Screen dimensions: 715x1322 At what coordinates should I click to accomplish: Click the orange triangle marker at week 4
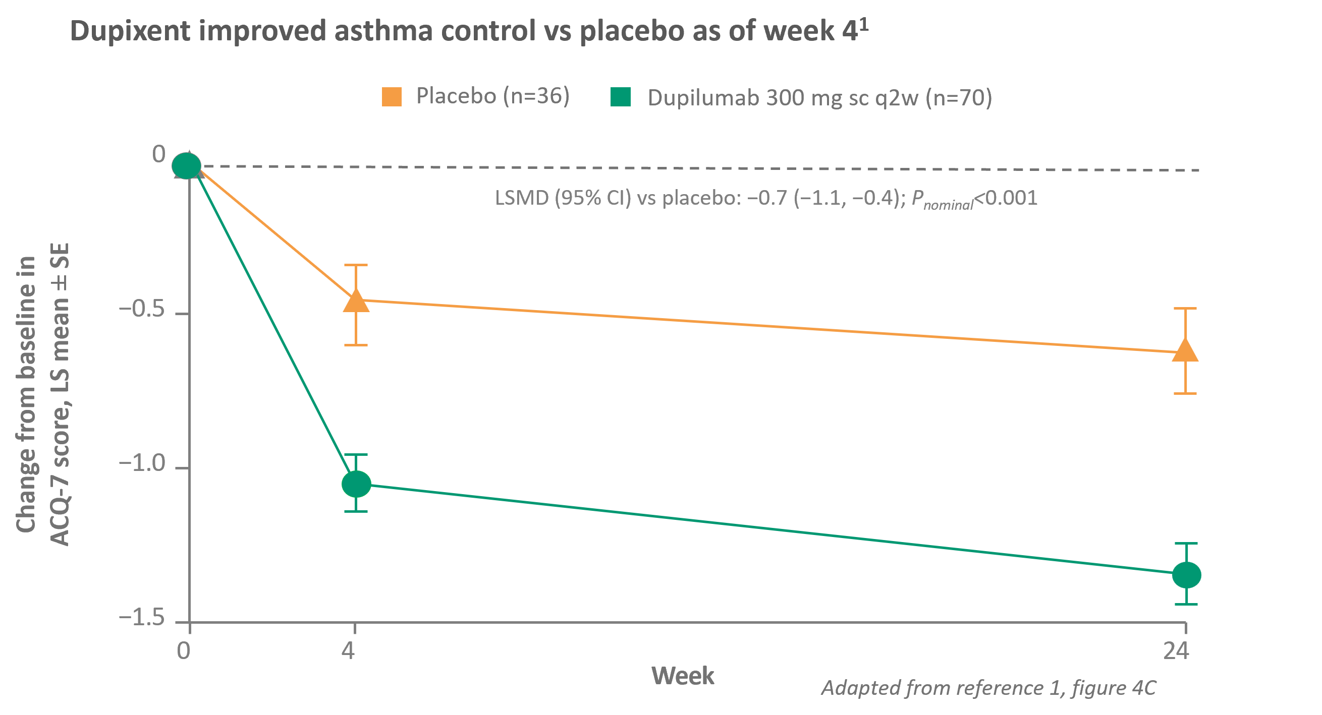pyautogui.click(x=356, y=302)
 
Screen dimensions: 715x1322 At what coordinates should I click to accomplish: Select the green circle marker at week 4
pyautogui.click(x=356, y=483)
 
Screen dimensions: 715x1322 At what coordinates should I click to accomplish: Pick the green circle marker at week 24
pyautogui.click(x=1186, y=574)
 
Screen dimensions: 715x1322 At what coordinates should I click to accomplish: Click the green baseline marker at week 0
pyautogui.click(x=186, y=165)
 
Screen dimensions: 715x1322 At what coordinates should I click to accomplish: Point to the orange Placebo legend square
pyautogui.click(x=392, y=96)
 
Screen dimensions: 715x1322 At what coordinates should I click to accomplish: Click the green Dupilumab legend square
pyautogui.click(x=621, y=96)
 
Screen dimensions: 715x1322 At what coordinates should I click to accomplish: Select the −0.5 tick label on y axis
pyautogui.click(x=142, y=310)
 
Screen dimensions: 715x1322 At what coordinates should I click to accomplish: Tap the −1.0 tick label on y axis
pyautogui.click(x=142, y=464)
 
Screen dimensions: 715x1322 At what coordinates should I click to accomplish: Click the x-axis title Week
pyautogui.click(x=683, y=676)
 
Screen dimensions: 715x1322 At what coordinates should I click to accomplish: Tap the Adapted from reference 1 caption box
pyautogui.click(x=990, y=687)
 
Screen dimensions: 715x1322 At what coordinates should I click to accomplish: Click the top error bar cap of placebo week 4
pyautogui.click(x=356, y=265)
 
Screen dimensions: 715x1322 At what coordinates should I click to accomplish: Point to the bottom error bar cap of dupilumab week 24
pyautogui.click(x=1186, y=604)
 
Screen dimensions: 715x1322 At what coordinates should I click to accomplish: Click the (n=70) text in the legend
pyautogui.click(x=959, y=97)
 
